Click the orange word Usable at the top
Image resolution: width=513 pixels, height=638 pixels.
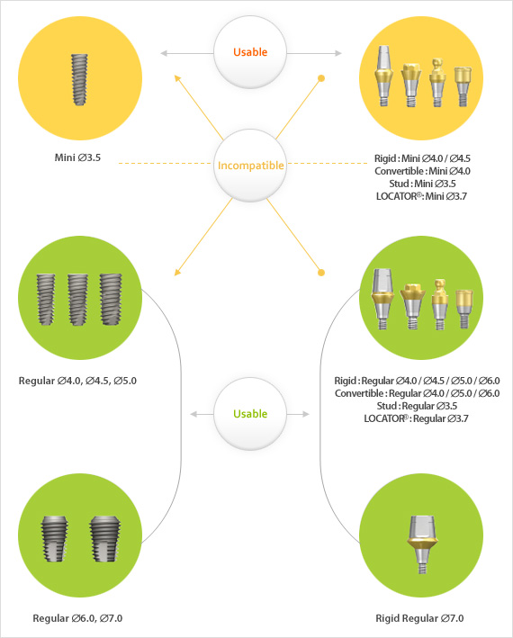click(x=250, y=52)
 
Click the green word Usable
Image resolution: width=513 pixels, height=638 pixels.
click(x=250, y=414)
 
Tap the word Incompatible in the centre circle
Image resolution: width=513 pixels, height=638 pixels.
click(x=250, y=166)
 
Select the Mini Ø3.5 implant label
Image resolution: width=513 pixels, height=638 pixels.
click(x=77, y=157)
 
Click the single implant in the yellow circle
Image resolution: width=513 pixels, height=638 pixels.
click(x=80, y=80)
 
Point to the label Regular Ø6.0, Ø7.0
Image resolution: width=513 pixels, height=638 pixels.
click(x=77, y=618)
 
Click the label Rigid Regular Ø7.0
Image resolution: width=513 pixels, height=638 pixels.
click(x=419, y=618)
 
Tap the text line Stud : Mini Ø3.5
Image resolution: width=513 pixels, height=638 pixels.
click(x=422, y=184)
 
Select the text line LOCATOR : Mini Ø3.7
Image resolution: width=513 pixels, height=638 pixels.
click(x=421, y=196)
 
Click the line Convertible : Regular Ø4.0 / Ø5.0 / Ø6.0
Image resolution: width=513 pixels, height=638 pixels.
click(x=418, y=393)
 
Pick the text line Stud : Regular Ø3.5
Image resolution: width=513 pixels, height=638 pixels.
click(x=417, y=406)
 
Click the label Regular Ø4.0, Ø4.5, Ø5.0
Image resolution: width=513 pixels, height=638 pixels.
click(x=77, y=381)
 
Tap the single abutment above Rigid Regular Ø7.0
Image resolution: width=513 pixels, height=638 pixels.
click(x=422, y=544)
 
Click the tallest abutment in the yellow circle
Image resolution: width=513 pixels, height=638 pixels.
click(x=383, y=76)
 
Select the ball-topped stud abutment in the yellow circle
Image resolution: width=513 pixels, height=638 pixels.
click(x=436, y=83)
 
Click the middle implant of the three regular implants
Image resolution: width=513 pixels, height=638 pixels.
click(x=77, y=300)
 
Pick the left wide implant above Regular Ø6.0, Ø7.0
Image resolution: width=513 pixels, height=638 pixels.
click(x=55, y=539)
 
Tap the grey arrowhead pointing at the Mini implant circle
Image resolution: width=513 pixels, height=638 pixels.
click(x=164, y=53)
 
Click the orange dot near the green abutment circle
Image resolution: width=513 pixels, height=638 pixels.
click(x=321, y=273)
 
